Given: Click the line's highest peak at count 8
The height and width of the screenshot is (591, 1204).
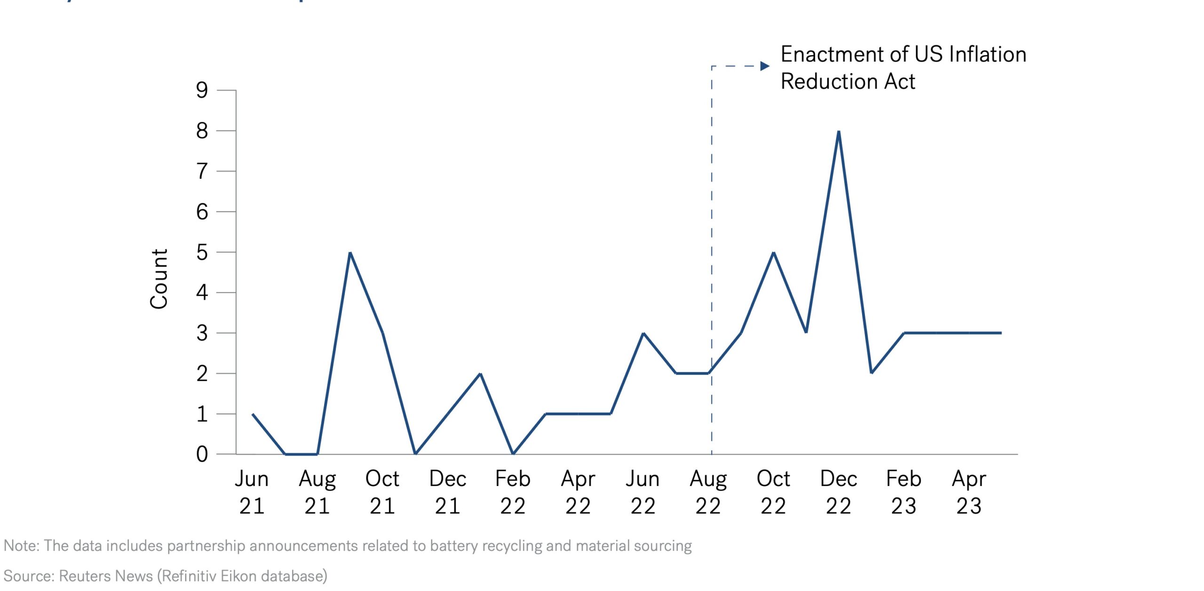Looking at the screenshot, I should click(839, 132).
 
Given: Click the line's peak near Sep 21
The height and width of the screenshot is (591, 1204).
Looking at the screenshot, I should click(350, 253).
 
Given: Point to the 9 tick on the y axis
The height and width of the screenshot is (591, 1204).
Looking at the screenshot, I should click(202, 90).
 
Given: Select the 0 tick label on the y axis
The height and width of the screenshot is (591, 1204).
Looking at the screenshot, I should click(202, 455).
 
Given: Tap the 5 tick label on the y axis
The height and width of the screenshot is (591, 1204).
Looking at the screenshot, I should click(202, 253).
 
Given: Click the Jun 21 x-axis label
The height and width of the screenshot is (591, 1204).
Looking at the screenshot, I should click(252, 492).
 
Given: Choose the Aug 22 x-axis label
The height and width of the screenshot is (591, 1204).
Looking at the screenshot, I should click(708, 492).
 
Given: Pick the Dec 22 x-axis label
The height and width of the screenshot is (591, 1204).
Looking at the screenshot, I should click(839, 492).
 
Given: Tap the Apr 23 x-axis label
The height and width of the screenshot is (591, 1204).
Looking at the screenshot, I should click(969, 492).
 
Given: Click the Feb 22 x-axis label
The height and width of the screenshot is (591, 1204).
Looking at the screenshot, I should click(513, 492).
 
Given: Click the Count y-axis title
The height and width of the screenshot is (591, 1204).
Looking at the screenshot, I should click(159, 279).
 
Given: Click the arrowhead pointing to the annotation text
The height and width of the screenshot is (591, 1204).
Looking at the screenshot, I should click(765, 66).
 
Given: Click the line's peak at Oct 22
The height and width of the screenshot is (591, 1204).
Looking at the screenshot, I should click(774, 253).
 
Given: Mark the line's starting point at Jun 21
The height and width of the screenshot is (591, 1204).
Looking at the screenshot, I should click(253, 414).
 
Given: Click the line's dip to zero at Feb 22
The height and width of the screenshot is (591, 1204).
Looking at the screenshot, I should click(513, 454).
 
